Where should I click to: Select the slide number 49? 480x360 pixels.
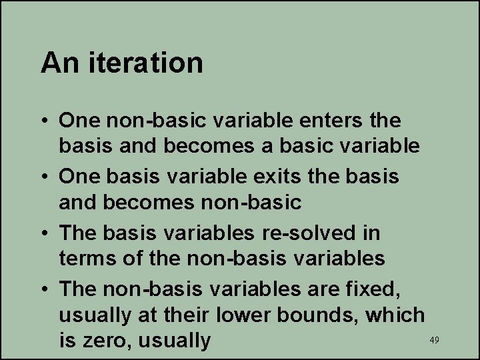[434, 340]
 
